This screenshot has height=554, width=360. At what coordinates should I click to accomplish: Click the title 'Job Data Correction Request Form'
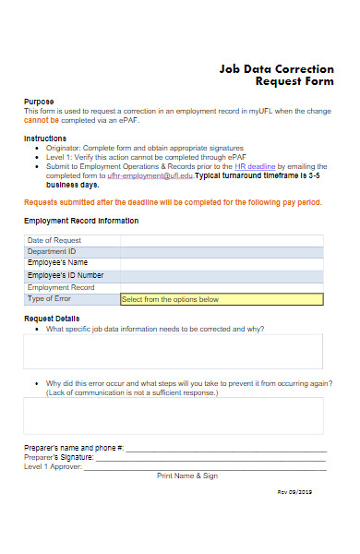click(276, 75)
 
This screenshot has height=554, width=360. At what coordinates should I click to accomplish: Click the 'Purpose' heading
click(39, 102)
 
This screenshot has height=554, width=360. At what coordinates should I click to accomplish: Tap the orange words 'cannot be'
click(42, 120)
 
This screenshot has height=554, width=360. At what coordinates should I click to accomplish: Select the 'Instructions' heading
click(45, 138)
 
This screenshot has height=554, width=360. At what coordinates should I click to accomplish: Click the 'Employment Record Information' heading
click(81, 222)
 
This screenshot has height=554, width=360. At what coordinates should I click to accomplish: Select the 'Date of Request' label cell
click(54, 240)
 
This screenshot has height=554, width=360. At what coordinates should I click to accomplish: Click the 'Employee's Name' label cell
click(58, 263)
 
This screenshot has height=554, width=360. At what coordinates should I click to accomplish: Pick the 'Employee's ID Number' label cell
click(66, 275)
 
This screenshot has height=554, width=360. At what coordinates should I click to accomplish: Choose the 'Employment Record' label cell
click(61, 287)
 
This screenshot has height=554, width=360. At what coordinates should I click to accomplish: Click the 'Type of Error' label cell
click(51, 298)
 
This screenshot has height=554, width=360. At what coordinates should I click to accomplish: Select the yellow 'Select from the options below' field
click(222, 299)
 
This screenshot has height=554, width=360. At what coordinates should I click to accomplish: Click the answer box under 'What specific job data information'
click(174, 351)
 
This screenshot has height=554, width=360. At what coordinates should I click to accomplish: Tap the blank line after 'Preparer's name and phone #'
click(226, 448)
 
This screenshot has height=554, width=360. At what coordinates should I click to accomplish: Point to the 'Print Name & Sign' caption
click(187, 476)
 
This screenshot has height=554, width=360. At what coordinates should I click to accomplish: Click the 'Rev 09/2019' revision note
click(294, 492)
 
